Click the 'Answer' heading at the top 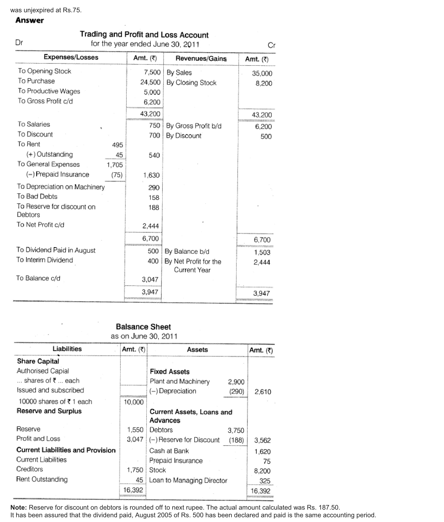[x=30, y=20]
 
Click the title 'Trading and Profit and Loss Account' [x=144, y=34]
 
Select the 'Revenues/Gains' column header [x=201, y=58]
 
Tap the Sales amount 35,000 [x=262, y=73]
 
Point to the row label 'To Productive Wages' [x=49, y=91]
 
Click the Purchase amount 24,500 [x=150, y=82]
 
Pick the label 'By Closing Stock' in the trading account [x=191, y=83]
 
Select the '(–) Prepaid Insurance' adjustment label [x=58, y=174]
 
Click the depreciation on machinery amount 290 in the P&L [x=154, y=188]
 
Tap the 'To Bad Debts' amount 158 [x=154, y=198]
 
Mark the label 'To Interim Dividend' [x=45, y=260]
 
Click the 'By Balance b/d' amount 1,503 [x=262, y=252]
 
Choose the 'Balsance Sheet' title [x=143, y=327]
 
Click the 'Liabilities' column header [x=67, y=349]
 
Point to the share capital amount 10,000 [x=134, y=402]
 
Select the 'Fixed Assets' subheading [x=170, y=372]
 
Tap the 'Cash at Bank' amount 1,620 [x=263, y=452]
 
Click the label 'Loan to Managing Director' [x=188, y=481]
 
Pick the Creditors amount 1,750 [x=135, y=470]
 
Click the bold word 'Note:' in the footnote [x=19, y=507]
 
